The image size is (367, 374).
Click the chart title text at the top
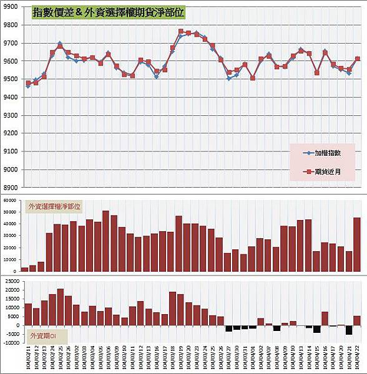tap(107, 12)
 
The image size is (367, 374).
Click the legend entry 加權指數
tap(331, 153)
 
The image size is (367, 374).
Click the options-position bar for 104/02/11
tap(25, 269)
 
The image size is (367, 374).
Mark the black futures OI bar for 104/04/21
tap(349, 330)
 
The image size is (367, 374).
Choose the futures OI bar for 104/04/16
tap(325, 319)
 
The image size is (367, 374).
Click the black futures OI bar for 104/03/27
tap(228, 328)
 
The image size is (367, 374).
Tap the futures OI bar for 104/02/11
tap(28, 314)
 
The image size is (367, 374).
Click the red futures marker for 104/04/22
tap(358, 59)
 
